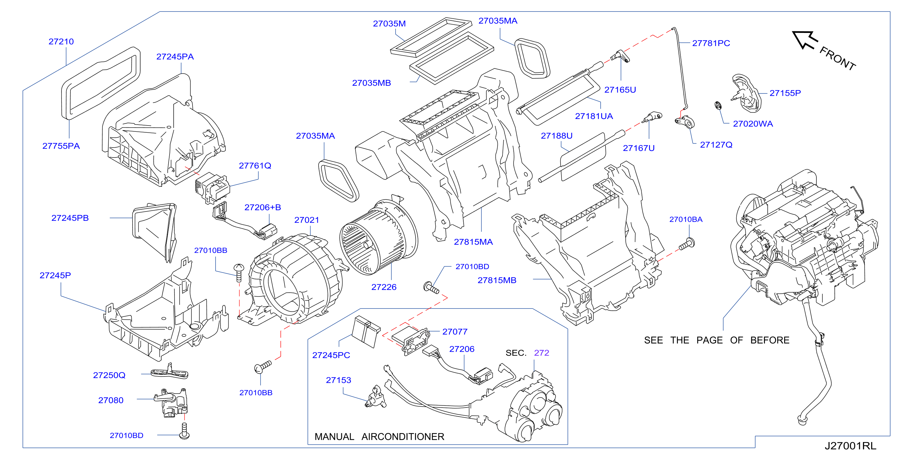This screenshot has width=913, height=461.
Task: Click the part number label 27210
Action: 61,42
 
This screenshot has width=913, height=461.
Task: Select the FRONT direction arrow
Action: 805,40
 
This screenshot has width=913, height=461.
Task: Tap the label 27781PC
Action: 711,43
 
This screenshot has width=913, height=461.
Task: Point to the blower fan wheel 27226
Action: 378,238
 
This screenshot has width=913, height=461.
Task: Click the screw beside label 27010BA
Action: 687,244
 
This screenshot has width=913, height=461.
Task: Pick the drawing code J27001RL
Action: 850,446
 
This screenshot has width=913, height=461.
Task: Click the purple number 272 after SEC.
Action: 541,353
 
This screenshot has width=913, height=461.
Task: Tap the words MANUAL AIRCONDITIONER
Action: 379,436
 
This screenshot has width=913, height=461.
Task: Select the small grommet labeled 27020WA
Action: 718,105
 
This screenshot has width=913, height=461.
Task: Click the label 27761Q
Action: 255,166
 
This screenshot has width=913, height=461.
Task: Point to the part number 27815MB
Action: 497,280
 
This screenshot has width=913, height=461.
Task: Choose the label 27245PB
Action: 70,218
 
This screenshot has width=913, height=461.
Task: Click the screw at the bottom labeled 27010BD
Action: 184,431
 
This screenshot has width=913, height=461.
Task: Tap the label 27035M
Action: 389,24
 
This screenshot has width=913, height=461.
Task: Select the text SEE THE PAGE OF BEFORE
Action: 717,340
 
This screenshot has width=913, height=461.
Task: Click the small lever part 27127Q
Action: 685,122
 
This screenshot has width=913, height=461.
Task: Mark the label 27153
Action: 338,380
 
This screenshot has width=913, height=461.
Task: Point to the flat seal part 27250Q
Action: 170,372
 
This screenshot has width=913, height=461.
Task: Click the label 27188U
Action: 556,136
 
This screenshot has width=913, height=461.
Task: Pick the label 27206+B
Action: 263,208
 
